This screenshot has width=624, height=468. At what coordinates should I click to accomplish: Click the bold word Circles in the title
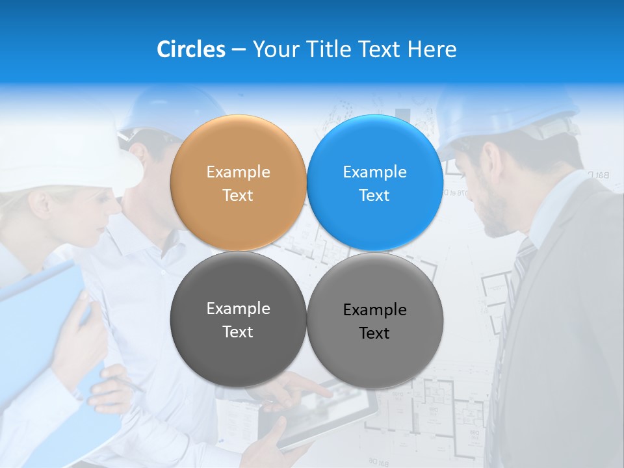click(190, 49)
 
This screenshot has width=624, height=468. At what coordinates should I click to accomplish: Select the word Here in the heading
click(432, 49)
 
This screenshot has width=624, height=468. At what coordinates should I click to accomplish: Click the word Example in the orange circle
click(238, 172)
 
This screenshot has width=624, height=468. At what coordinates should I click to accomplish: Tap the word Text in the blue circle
click(374, 196)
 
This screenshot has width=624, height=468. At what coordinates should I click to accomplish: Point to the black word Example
click(374, 310)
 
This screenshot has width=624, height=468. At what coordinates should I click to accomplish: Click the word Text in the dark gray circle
click(238, 332)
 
